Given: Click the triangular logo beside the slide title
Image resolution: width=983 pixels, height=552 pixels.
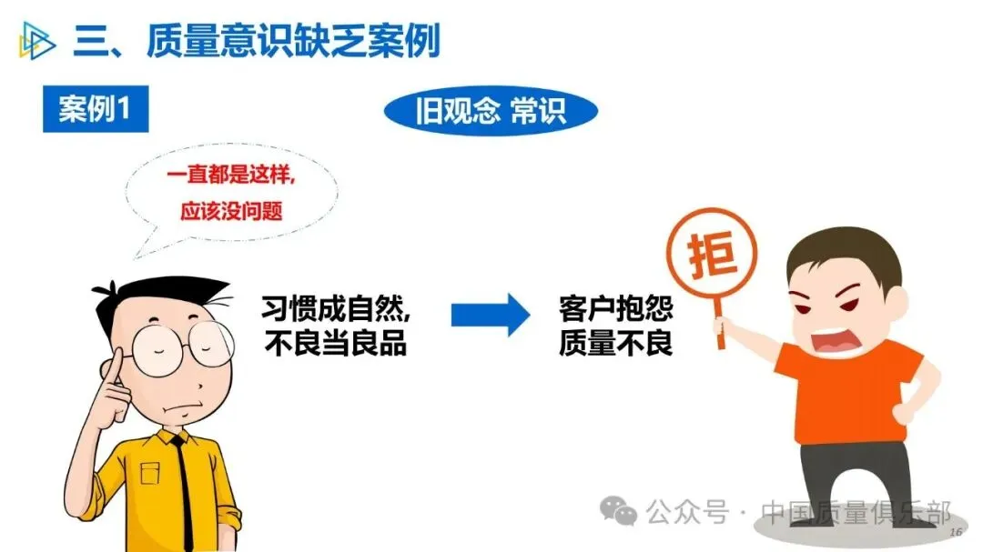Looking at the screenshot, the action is (x=36, y=41).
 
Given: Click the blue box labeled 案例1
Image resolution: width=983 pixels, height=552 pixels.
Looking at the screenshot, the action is (x=96, y=109).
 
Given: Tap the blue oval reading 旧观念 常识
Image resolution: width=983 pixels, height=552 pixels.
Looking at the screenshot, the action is (x=491, y=111).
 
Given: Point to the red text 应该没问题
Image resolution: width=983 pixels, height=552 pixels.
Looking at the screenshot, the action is (x=231, y=211).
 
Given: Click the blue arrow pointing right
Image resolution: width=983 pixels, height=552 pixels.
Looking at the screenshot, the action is (x=491, y=315).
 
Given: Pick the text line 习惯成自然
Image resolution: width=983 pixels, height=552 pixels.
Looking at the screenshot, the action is (x=336, y=308).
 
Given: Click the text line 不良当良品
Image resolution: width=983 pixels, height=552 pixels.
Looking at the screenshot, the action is (x=336, y=344).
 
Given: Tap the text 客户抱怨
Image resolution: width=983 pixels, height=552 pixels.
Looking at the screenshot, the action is (x=615, y=308).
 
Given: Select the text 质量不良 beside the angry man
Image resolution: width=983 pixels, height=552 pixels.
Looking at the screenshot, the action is (x=615, y=344).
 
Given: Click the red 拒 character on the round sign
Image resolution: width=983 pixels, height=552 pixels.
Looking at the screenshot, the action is (x=712, y=254).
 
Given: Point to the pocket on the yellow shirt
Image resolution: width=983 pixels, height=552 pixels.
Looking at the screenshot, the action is (x=150, y=473).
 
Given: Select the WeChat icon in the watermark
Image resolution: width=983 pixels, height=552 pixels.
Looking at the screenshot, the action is (x=618, y=511).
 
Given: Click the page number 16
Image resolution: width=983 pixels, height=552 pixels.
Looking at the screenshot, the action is (x=956, y=532).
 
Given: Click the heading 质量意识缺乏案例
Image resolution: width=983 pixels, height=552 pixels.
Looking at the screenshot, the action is (x=293, y=41).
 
